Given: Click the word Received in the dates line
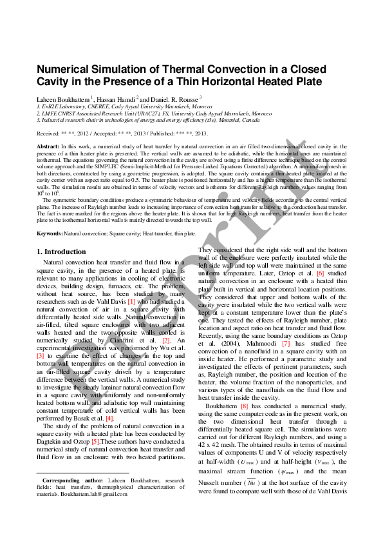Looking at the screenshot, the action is [x=49, y=133].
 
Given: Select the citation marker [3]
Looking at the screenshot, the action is [x=40, y=355].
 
